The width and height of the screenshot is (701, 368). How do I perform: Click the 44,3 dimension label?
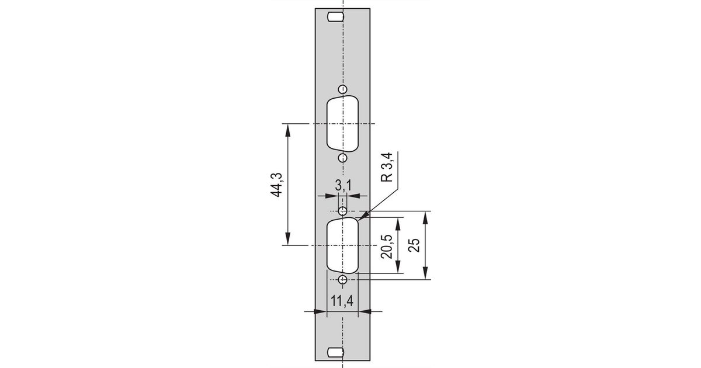coord(276,185)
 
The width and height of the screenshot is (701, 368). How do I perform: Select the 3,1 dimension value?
coord(343,186)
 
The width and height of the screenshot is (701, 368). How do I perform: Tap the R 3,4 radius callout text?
coord(387,167)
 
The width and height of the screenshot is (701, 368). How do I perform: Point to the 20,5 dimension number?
coord(387,247)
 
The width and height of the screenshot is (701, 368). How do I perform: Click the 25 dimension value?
coord(414,245)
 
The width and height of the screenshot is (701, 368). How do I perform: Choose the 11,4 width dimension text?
coord(342,301)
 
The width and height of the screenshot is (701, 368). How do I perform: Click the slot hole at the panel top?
coord(335,17)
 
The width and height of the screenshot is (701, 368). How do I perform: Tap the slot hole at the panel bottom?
coord(335,352)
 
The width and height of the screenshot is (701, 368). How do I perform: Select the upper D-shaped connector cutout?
coord(343,124)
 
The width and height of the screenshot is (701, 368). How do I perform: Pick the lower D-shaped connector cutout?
coord(343,246)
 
